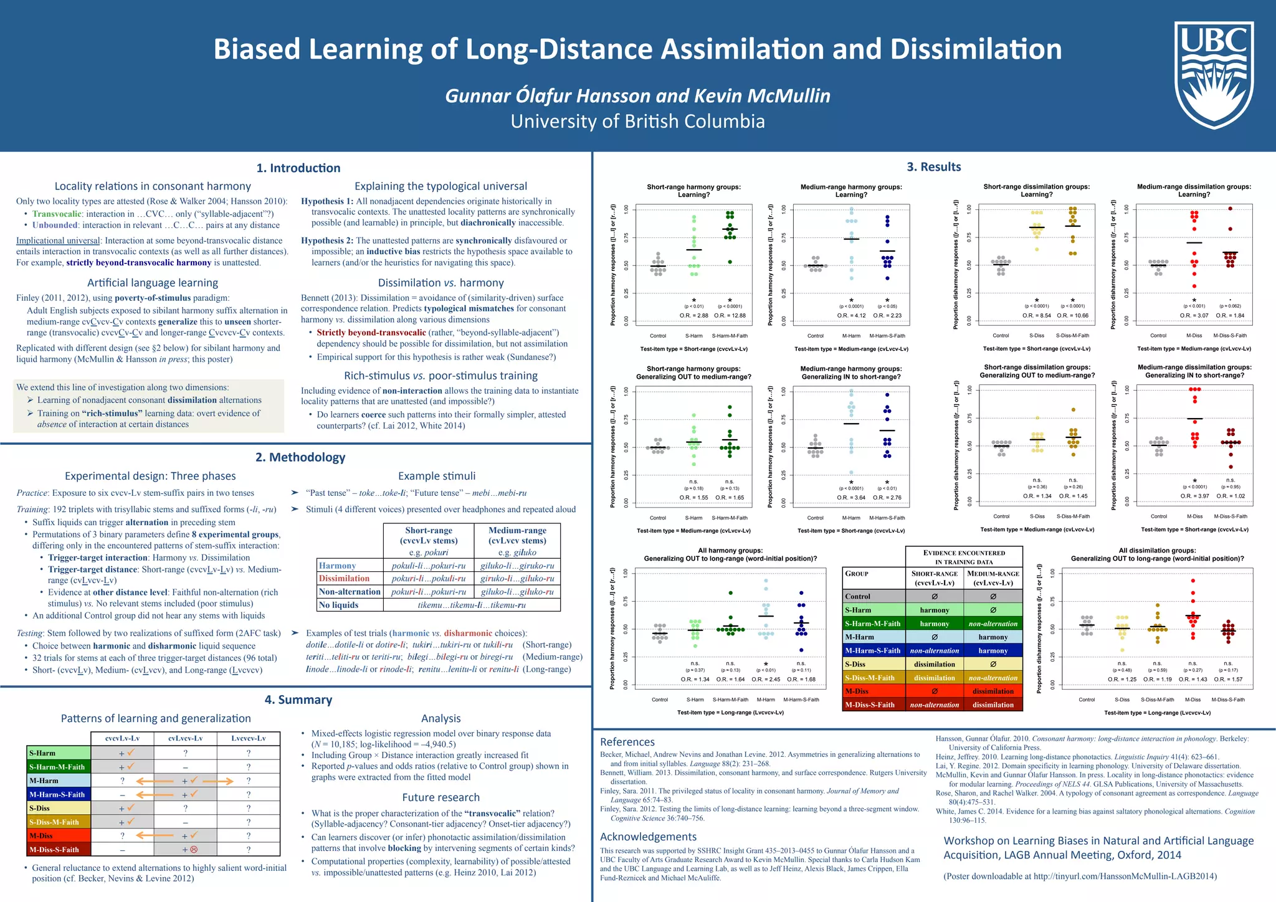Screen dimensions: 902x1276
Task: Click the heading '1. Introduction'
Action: tap(298, 168)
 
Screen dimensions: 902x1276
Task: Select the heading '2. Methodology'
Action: tap(300, 457)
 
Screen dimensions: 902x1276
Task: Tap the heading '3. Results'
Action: tap(933, 166)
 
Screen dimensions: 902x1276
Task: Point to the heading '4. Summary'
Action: tap(298, 700)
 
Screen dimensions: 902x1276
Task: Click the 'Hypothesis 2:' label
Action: tap(327, 240)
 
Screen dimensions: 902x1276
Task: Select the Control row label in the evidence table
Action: tap(857, 596)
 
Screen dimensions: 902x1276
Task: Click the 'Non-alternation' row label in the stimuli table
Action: tap(349, 592)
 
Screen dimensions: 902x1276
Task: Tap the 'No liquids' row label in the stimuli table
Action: tap(338, 605)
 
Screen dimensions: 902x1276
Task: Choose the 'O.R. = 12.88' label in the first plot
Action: tap(730, 316)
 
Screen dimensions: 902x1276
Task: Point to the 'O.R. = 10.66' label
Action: tap(1072, 315)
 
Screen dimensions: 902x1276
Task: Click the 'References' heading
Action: tap(627, 742)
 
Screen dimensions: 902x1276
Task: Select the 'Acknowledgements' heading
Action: tap(648, 837)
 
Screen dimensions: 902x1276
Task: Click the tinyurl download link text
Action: tap(1125, 876)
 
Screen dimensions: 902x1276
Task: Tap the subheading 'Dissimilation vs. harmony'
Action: tap(440, 283)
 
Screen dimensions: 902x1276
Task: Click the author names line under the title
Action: tap(637, 96)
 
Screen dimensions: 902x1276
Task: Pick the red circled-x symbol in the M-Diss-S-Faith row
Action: tap(194, 849)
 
